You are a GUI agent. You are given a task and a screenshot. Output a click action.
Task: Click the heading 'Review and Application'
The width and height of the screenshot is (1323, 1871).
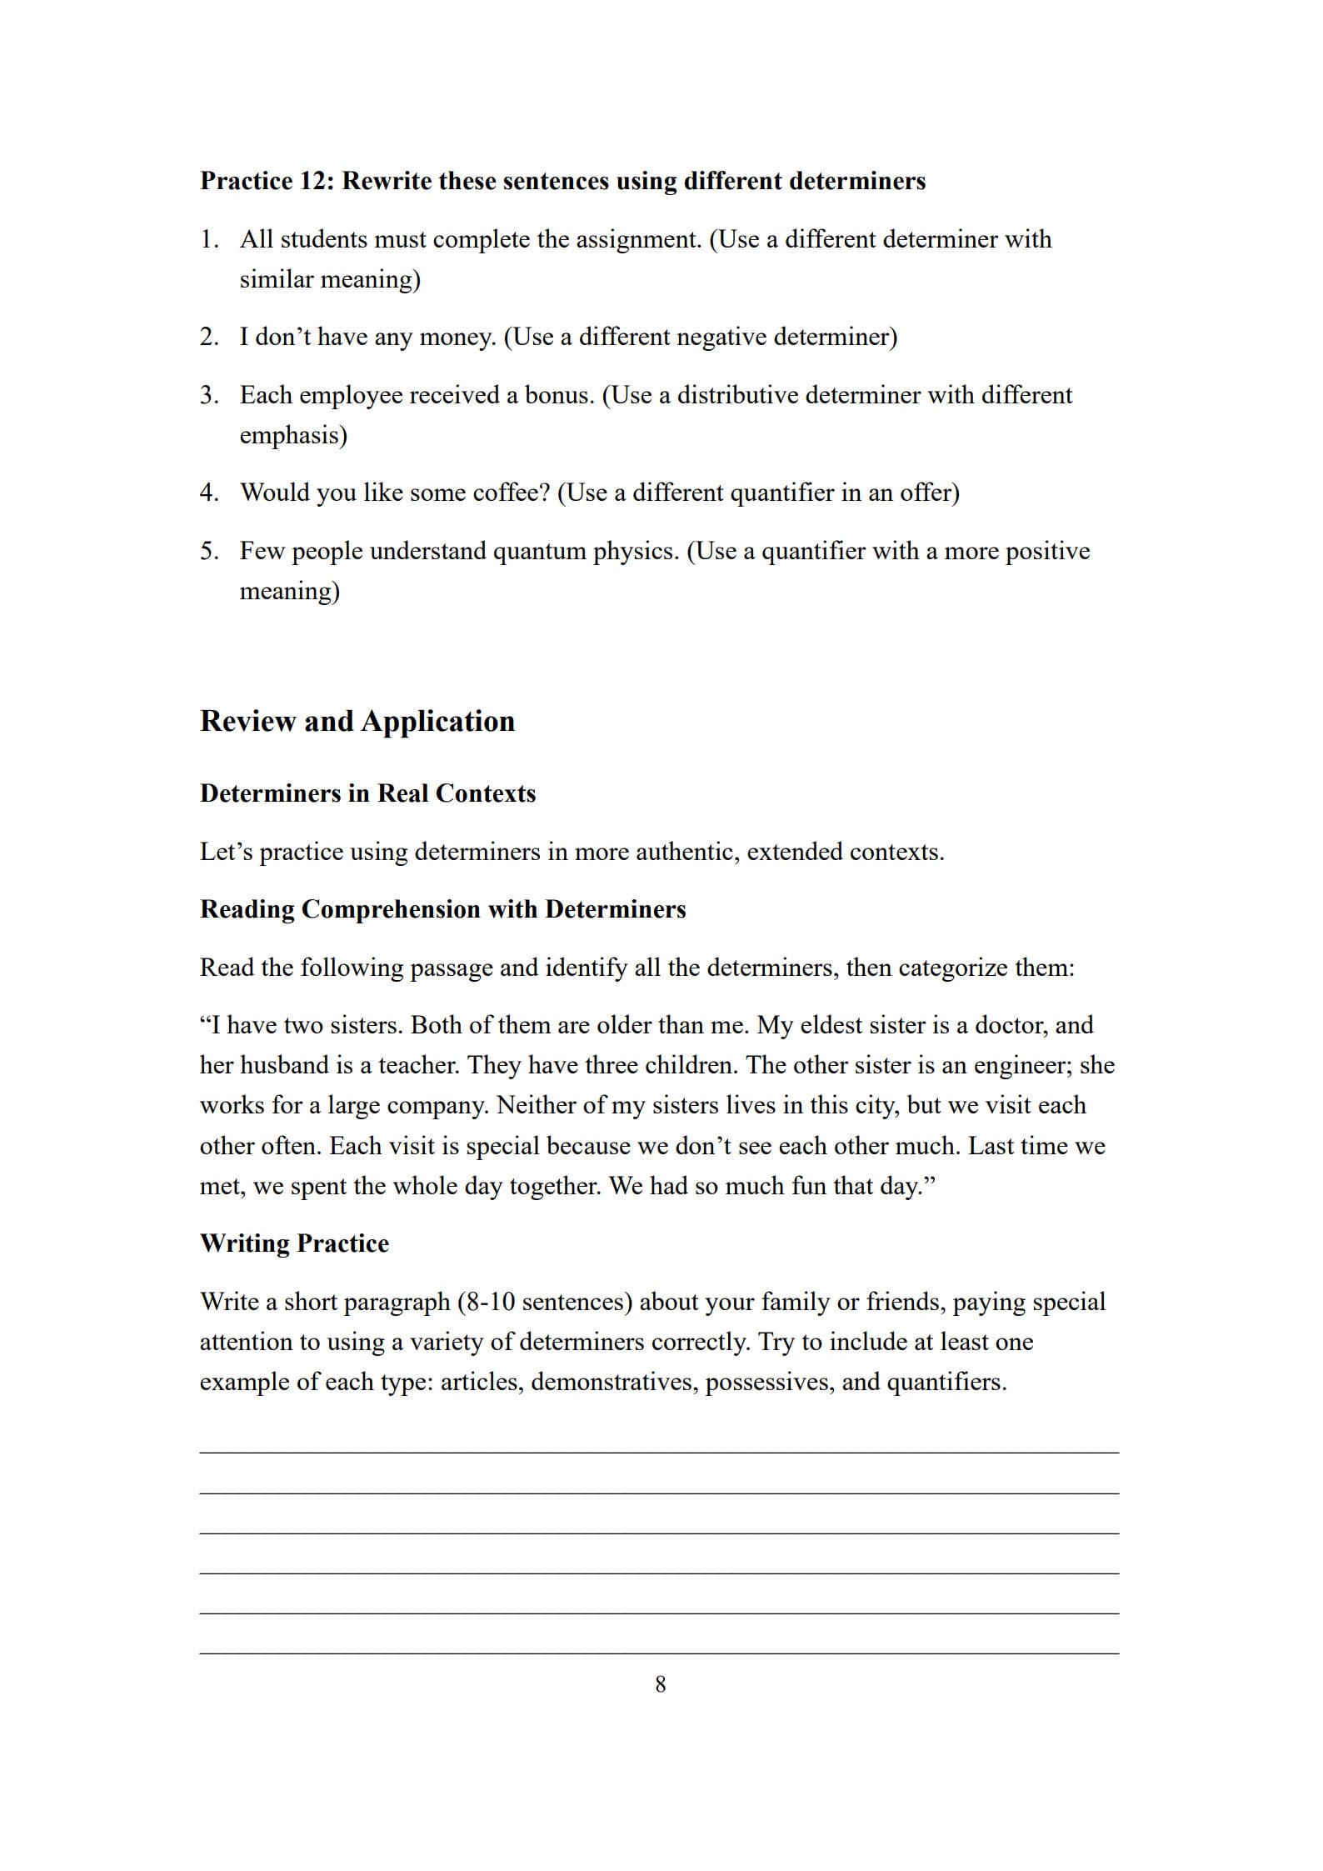(357, 722)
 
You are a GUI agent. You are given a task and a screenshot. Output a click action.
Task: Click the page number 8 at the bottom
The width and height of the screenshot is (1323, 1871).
(661, 1684)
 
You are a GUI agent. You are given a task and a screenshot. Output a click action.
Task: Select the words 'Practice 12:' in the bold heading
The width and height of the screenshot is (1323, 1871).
(267, 181)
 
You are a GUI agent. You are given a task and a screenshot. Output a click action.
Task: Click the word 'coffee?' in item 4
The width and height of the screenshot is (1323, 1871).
(511, 493)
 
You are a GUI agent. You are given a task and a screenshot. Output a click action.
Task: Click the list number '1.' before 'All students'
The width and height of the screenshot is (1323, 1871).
(209, 240)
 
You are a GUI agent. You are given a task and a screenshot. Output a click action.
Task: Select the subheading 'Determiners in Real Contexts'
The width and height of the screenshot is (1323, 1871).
(367, 793)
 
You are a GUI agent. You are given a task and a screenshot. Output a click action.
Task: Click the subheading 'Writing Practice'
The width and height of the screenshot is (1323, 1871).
(294, 1243)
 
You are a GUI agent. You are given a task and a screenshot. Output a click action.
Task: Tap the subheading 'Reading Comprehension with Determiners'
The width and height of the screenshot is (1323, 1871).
(442, 909)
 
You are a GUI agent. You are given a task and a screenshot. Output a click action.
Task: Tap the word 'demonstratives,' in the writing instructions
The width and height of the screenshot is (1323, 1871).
(615, 1382)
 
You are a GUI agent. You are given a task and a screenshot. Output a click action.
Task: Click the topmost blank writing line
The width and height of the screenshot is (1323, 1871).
(659, 1453)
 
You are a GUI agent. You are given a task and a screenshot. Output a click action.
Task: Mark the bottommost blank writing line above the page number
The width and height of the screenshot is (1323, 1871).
(659, 1653)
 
